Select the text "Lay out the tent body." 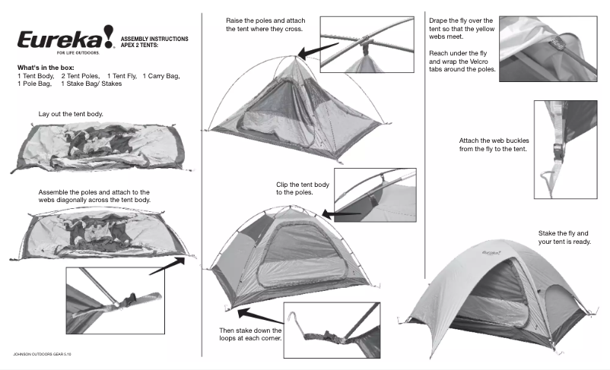71,114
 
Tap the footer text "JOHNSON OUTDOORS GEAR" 43,355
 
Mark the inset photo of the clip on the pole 375,196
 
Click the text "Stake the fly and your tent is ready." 564,237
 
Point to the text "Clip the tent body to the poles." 303,188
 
